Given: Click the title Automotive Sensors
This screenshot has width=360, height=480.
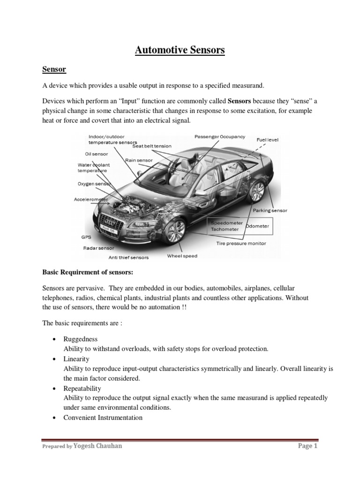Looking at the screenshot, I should pos(180,50).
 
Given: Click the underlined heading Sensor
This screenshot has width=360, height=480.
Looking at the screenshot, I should pos(54,70).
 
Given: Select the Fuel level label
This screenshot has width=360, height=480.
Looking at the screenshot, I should pos(268,140).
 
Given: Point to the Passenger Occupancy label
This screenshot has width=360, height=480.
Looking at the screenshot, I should pos(219,136).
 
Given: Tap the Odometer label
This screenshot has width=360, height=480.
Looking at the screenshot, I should pos(257,226).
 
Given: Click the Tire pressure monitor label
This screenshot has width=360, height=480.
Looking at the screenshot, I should pos(241,243).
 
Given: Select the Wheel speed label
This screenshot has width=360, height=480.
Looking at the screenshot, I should pos(182,256).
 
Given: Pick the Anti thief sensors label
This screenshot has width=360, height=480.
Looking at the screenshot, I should pos(128,257).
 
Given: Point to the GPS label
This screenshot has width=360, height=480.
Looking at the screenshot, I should pos(86,237).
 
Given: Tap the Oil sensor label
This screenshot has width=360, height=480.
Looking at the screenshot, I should pos(96,153).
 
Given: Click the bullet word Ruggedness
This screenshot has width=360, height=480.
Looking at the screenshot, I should pos(81,338).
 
